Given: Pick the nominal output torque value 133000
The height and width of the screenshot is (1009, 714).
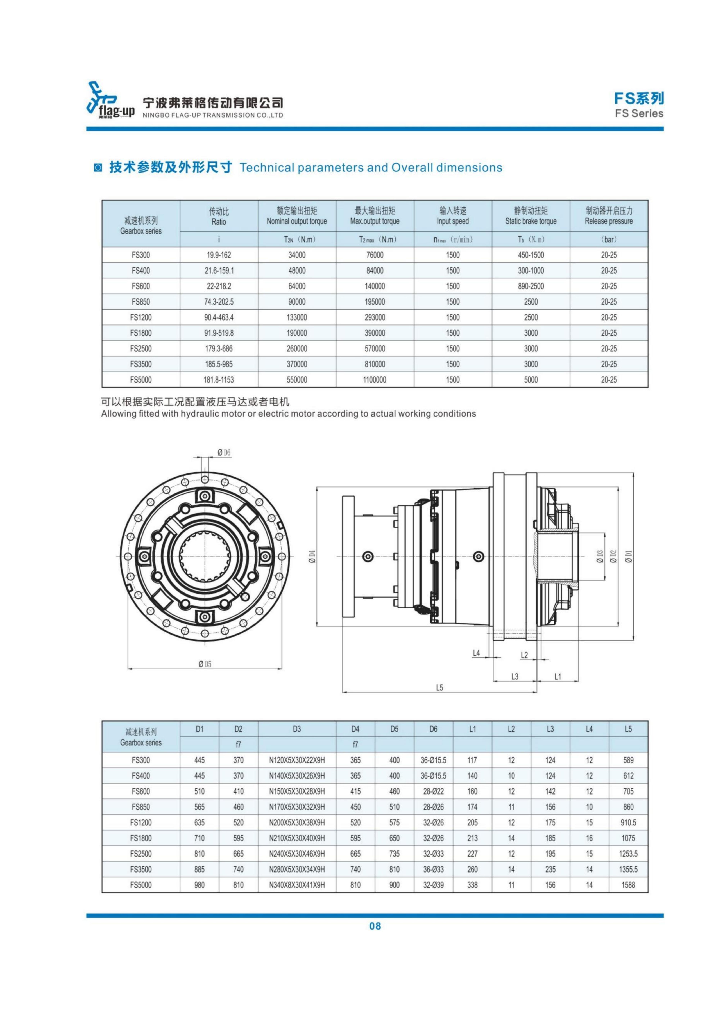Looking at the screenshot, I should pyautogui.click(x=297, y=317).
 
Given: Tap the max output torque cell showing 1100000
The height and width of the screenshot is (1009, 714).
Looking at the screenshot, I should pyautogui.click(x=375, y=380).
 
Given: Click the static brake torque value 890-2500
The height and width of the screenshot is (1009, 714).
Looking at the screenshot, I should pyautogui.click(x=531, y=286).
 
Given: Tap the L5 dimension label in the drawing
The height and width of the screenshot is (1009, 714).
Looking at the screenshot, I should pyautogui.click(x=439, y=688).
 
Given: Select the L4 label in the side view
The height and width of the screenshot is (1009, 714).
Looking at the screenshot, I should pyautogui.click(x=476, y=653).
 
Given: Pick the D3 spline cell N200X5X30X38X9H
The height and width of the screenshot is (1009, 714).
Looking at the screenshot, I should pyautogui.click(x=297, y=822).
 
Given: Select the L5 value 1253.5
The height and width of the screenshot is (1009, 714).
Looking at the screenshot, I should pyautogui.click(x=628, y=854).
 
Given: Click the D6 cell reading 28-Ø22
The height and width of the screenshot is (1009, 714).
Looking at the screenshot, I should pyautogui.click(x=433, y=791).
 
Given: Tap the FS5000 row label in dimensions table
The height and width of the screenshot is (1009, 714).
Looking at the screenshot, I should pyautogui.click(x=141, y=885).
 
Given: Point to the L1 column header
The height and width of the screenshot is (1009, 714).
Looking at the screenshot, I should pyautogui.click(x=472, y=729).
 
